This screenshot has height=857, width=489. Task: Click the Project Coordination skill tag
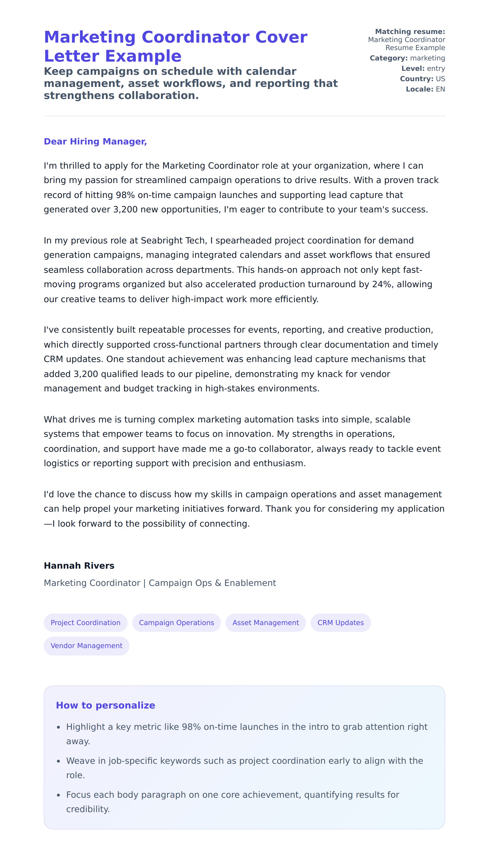85,622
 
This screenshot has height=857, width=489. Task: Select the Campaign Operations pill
176,622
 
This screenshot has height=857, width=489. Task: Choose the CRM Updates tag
340,622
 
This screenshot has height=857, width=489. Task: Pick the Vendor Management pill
86,645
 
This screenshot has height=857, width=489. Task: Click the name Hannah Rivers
79,566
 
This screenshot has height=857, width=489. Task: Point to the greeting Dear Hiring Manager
95,141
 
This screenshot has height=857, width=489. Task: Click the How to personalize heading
106,705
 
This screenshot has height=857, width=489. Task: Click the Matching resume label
410,32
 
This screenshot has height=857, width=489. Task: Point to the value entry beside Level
436,68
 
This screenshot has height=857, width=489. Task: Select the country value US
440,79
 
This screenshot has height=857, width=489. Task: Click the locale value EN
440,89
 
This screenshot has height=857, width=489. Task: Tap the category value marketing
427,58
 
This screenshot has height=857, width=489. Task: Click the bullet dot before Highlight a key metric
58,727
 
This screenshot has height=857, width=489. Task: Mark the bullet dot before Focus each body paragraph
58,795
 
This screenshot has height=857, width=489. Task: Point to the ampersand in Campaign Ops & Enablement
218,583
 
